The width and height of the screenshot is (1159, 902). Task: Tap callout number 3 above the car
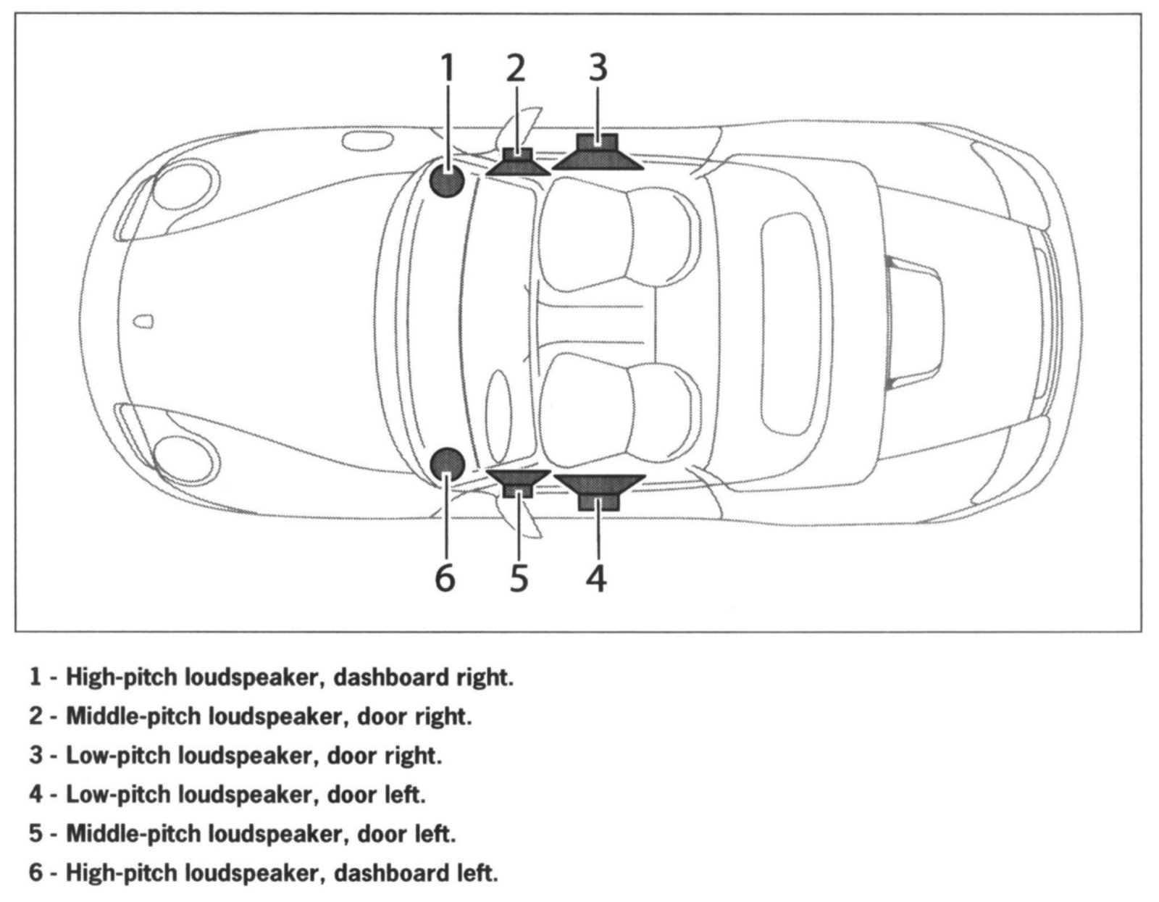[597, 67]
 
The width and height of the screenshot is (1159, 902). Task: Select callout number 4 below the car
[596, 577]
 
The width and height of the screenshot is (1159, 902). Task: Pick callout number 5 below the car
[519, 577]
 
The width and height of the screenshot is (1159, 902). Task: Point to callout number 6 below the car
[445, 577]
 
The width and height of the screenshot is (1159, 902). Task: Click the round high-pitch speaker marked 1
[447, 180]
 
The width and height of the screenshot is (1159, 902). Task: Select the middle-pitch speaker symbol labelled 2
[516, 162]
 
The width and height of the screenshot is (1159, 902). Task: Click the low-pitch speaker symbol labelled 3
[598, 153]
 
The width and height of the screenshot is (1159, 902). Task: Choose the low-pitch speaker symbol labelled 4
[598, 492]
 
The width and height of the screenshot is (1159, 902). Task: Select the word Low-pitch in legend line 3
[117, 756]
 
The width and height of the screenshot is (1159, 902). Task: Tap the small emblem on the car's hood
[146, 320]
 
